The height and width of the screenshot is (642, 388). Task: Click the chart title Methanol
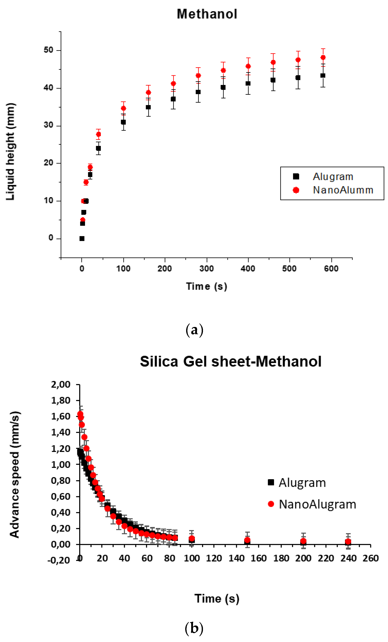pyautogui.click(x=207, y=14)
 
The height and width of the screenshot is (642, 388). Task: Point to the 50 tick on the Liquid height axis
pyautogui.click(x=48, y=50)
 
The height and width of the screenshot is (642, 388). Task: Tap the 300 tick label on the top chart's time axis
pyautogui.click(x=206, y=268)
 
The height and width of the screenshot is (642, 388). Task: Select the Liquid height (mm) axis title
pyautogui.click(x=10, y=152)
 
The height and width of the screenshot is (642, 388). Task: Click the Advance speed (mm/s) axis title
pyautogui.click(x=15, y=475)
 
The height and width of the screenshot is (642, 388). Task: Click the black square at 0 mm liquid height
pyautogui.click(x=82, y=238)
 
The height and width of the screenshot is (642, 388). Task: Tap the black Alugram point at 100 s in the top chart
pyautogui.click(x=123, y=122)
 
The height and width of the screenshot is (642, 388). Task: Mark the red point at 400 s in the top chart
pyautogui.click(x=248, y=66)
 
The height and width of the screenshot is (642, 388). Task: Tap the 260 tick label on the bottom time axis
pyautogui.click(x=370, y=558)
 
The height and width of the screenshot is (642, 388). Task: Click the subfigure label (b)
pyautogui.click(x=194, y=628)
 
